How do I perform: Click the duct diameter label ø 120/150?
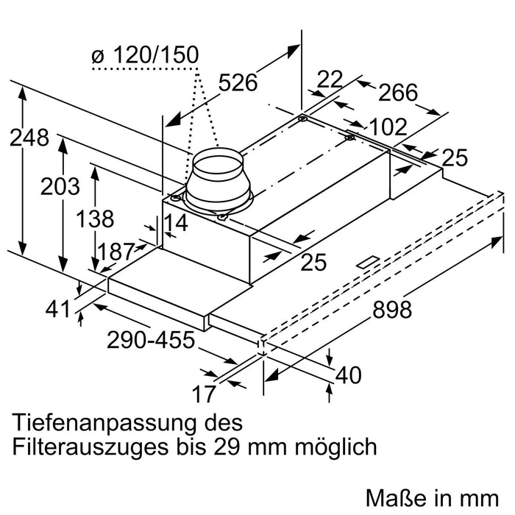pyautogui.click(x=146, y=56)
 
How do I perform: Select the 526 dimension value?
pyautogui.click(x=238, y=83)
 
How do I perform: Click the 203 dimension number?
pyautogui.click(x=60, y=187)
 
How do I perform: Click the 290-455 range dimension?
pyautogui.click(x=150, y=341)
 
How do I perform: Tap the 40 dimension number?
pyautogui.click(x=347, y=375)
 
